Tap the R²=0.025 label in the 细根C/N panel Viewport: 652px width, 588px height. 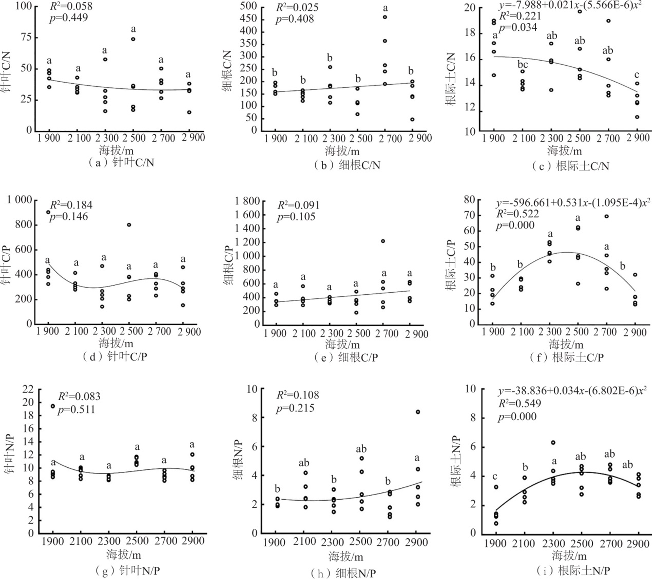click(297, 8)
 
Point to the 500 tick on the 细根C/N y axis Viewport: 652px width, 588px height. click(248, 7)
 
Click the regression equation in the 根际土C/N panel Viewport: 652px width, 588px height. click(570, 7)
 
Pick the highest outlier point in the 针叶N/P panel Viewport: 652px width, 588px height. click(53, 406)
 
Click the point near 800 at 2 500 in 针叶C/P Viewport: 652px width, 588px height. click(129, 224)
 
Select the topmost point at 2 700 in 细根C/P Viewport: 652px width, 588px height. click(383, 241)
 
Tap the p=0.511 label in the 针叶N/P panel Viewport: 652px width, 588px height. click(76, 410)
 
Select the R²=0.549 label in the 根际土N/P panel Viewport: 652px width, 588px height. click(517, 404)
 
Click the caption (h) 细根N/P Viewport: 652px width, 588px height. click(344, 573)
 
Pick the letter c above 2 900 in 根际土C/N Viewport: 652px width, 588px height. click(637, 75)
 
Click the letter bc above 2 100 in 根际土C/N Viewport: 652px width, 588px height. click(523, 64)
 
